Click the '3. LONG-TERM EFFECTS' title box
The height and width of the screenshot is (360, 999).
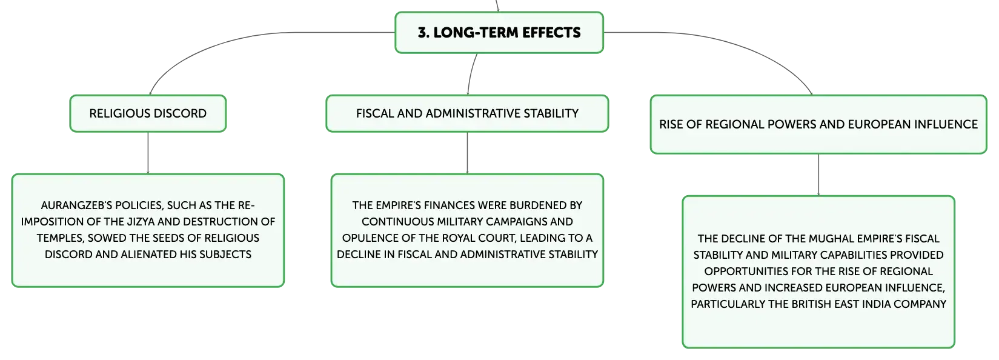[499, 33]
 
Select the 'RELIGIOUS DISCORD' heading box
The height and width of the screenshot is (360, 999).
[148, 113]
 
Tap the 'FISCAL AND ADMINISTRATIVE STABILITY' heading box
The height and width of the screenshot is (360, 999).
[467, 113]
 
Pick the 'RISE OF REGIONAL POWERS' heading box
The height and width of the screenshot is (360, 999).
[818, 124]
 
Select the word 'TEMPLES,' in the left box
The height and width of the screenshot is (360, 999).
[61, 238]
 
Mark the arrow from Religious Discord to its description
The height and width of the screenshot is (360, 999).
[148, 153]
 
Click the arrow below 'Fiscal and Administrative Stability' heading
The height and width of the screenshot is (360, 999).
[467, 153]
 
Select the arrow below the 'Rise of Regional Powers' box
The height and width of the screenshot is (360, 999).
[818, 175]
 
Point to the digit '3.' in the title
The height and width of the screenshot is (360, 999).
[423, 33]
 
